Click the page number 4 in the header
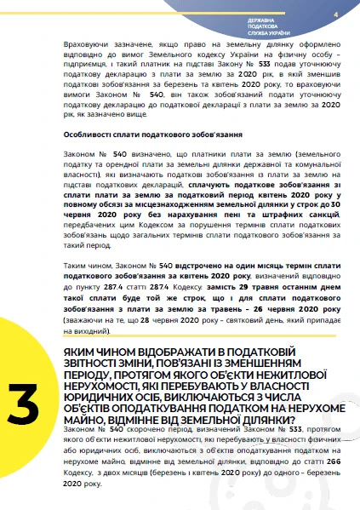[336, 15]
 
